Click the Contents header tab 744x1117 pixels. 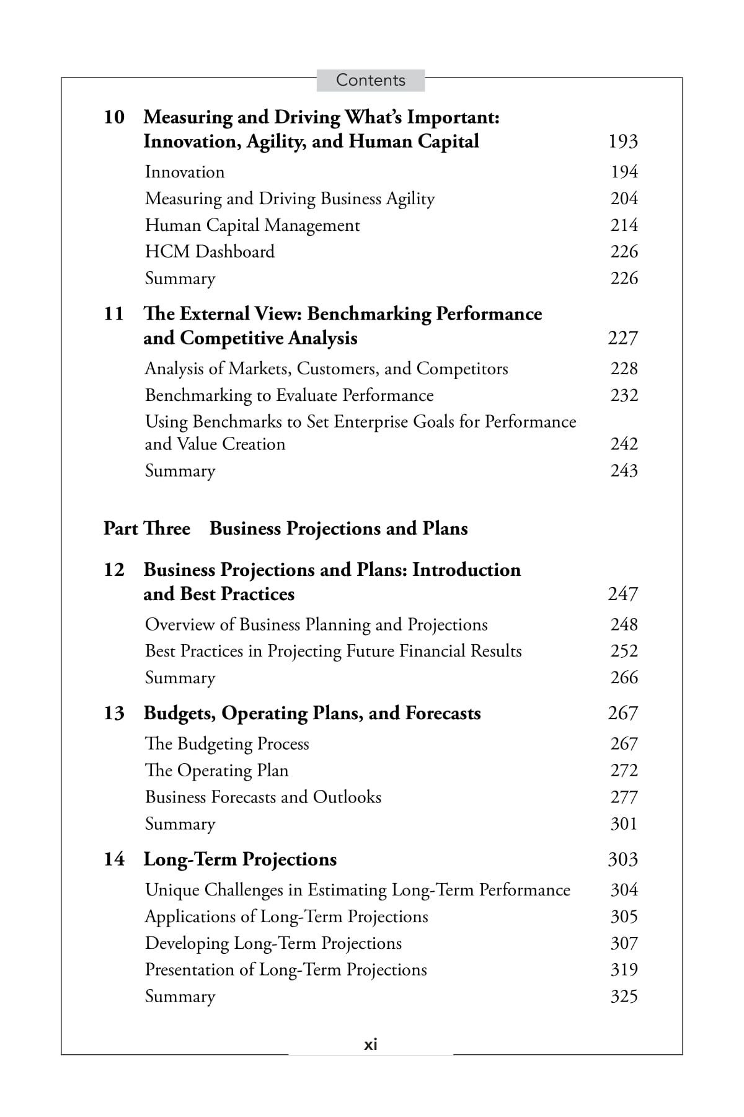[x=370, y=80]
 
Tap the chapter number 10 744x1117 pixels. [x=114, y=117]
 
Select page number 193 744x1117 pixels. [x=623, y=141]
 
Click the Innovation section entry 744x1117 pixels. [x=185, y=172]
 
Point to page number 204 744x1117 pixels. [x=624, y=199]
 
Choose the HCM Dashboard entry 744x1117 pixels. [x=210, y=251]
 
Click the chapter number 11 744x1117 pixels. [x=114, y=313]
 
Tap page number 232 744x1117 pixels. [x=624, y=395]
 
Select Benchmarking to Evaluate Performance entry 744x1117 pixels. [x=289, y=395]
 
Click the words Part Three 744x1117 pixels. [x=147, y=529]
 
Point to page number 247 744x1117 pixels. [x=623, y=594]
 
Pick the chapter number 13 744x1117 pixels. [x=114, y=713]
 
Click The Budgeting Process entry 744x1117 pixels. [x=227, y=743]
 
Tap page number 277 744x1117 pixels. [x=624, y=797]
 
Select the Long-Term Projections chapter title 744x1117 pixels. [x=240, y=859]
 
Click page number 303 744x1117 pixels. [x=623, y=859]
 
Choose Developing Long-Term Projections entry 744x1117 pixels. [x=273, y=943]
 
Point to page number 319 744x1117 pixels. [x=624, y=969]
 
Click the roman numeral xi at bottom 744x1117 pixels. [x=370, y=1045]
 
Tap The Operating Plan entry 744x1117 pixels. [x=216, y=770]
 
